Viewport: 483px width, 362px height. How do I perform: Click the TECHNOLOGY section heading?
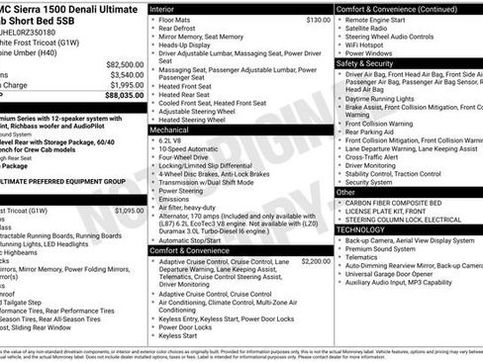362,228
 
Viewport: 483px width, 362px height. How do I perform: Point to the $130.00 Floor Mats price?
318,20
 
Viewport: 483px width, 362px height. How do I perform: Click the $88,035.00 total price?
125,96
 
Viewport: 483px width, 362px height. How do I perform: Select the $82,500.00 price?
125,63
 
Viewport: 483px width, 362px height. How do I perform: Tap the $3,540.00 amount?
127,74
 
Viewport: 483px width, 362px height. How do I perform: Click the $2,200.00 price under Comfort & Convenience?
316,261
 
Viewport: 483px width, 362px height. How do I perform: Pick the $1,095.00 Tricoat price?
129,210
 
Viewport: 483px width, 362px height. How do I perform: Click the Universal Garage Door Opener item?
396,276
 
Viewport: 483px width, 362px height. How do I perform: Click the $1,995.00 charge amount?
127,85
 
